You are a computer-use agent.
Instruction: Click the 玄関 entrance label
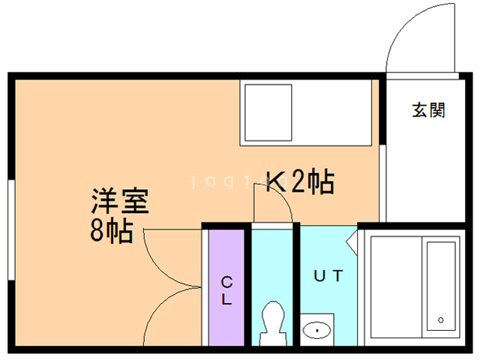(x=428, y=110)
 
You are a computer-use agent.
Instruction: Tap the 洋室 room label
(x=120, y=201)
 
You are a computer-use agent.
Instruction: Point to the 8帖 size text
(x=112, y=231)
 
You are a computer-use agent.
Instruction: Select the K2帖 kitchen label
(x=300, y=181)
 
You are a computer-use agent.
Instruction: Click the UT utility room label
(x=328, y=276)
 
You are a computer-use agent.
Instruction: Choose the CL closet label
(x=226, y=290)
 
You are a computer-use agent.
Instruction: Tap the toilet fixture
(x=273, y=323)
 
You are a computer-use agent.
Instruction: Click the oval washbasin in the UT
(x=316, y=330)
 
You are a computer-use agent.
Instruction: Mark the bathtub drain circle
(x=441, y=320)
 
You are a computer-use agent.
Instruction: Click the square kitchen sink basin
(x=268, y=112)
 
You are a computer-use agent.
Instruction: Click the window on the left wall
(x=11, y=229)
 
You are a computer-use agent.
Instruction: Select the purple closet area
(x=226, y=288)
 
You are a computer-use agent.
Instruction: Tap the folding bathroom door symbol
(x=352, y=241)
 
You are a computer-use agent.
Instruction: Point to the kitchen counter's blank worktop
(x=331, y=112)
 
